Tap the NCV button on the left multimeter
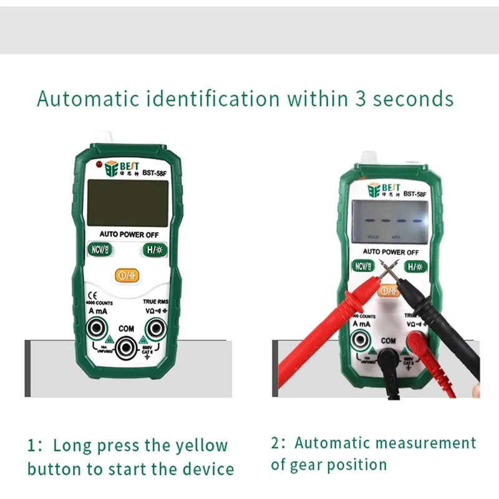(99, 251)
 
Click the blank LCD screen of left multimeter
(127, 203)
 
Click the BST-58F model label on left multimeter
(154, 173)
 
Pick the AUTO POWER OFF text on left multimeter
(129, 235)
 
